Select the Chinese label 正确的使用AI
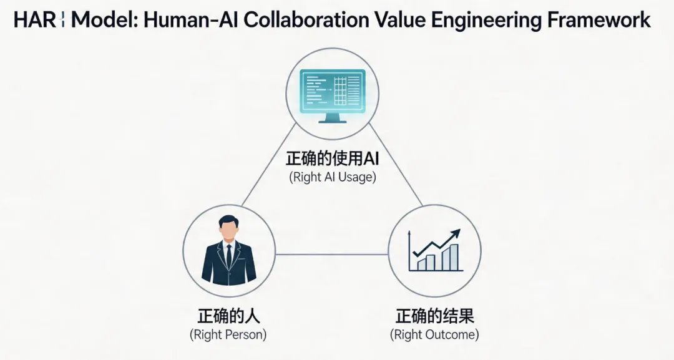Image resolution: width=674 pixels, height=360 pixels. [x=332, y=158]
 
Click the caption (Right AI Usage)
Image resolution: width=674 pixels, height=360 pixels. [x=332, y=177]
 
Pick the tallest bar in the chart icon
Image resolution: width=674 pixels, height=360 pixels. [x=454, y=256]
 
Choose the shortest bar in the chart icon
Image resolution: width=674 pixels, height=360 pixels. [x=421, y=264]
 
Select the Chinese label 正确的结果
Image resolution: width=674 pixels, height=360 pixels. [x=434, y=315]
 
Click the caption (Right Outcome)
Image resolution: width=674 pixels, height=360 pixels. [x=434, y=334]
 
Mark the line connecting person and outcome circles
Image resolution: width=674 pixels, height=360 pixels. [x=331, y=254]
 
